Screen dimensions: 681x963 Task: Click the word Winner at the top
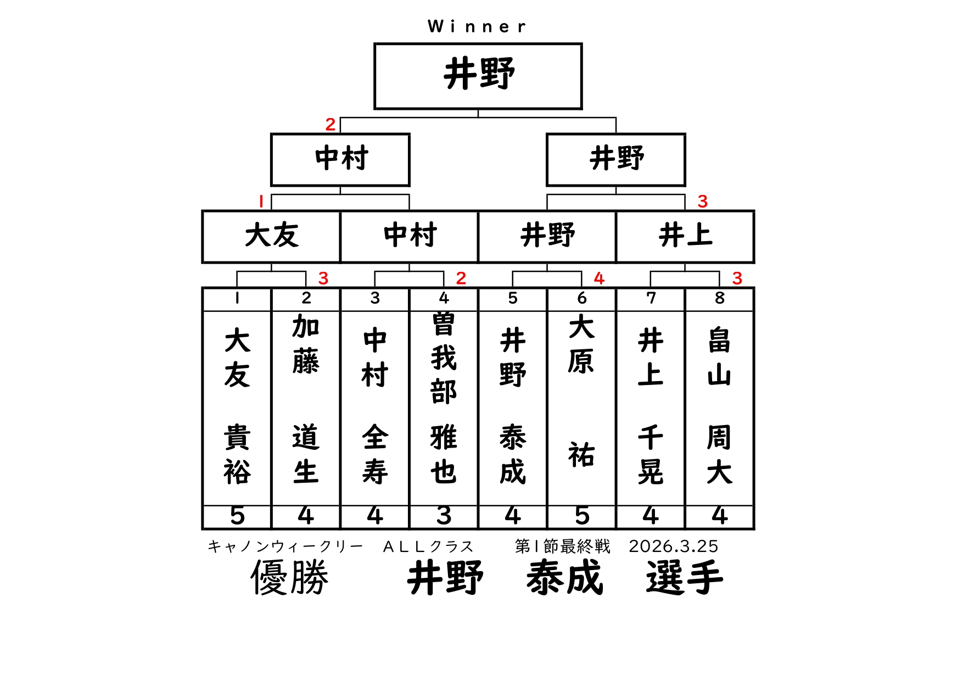click(477, 26)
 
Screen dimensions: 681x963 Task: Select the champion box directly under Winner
click(478, 76)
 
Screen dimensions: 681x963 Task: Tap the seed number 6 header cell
click(581, 298)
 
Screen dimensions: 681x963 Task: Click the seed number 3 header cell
click(375, 298)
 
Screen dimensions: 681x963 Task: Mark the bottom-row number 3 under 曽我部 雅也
click(444, 516)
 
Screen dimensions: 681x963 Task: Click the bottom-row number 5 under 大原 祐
click(581, 516)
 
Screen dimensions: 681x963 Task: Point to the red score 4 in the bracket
click(599, 278)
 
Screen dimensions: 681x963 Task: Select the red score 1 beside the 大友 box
click(261, 202)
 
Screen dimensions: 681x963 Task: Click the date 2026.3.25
click(673, 546)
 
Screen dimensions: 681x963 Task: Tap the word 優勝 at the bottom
click(289, 578)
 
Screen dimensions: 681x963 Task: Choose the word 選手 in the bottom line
click(684, 578)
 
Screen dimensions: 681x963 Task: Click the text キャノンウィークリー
click(285, 546)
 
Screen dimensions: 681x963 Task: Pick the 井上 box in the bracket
click(685, 236)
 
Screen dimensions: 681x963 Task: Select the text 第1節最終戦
click(562, 546)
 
